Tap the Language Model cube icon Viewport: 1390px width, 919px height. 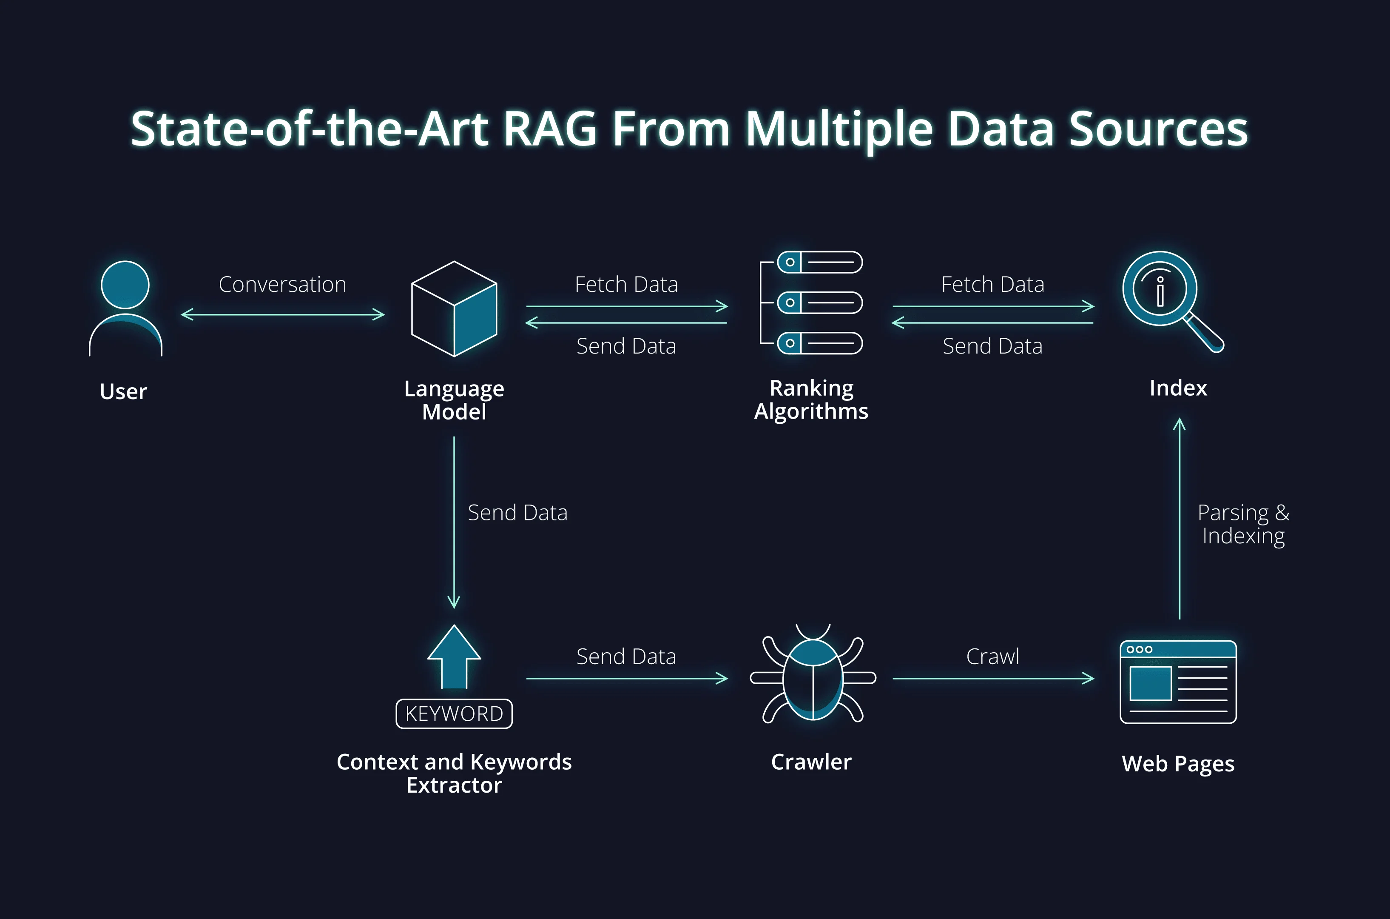(454, 309)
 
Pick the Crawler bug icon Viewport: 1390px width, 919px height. (813, 677)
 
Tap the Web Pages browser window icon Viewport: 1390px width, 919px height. (1178, 682)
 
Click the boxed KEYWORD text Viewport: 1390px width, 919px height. (454, 714)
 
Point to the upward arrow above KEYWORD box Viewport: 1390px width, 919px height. (454, 656)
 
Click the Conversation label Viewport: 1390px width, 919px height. (282, 284)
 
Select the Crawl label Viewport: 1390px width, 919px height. (992, 656)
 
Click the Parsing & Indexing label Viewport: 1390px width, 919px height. (1243, 524)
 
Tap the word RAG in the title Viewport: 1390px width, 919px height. (549, 129)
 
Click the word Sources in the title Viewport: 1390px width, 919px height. (1157, 129)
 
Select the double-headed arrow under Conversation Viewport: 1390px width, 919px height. (283, 315)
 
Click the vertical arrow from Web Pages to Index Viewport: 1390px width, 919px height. (1179, 519)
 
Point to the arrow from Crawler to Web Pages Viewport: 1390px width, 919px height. (993, 678)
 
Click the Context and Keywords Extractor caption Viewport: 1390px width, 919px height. (454, 773)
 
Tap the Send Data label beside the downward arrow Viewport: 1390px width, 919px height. (517, 513)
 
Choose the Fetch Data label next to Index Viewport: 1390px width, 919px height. (992, 284)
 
